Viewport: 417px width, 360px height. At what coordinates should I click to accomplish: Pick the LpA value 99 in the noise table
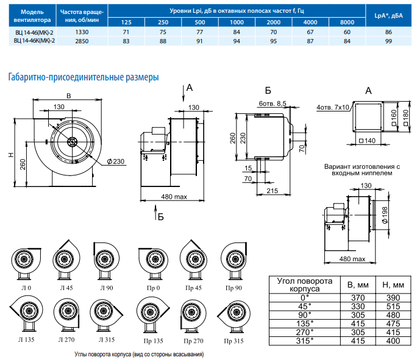pyautogui.click(x=388, y=40)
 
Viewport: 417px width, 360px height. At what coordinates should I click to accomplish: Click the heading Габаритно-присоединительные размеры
pyautogui.click(x=83, y=77)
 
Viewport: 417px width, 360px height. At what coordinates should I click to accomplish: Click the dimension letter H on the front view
pyautogui.click(x=12, y=155)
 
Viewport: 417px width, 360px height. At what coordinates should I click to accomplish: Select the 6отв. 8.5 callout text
pyautogui.click(x=272, y=104)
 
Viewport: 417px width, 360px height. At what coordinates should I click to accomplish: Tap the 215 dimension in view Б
pyautogui.click(x=272, y=191)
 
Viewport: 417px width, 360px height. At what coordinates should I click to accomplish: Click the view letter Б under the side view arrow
pyautogui.click(x=160, y=216)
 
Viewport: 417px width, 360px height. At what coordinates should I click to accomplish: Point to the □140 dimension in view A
pyautogui.click(x=366, y=141)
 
